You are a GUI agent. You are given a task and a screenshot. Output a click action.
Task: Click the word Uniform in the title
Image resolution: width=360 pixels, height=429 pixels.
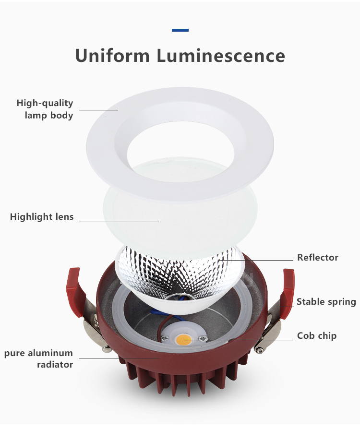pos(112,56)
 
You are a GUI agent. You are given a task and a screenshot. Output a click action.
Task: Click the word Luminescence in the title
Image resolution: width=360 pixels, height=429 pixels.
pos(221,56)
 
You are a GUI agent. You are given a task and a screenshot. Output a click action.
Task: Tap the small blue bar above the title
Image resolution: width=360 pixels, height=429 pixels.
pos(180,30)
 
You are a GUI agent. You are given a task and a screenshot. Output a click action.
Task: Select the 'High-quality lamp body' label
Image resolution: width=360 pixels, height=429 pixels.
pos(45,109)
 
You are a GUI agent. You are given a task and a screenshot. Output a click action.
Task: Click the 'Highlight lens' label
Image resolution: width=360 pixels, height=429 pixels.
pos(42,216)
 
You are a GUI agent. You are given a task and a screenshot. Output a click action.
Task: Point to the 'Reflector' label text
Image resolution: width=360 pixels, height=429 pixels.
pos(318,257)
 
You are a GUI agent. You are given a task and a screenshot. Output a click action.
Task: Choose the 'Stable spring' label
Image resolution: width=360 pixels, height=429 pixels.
pos(326,301)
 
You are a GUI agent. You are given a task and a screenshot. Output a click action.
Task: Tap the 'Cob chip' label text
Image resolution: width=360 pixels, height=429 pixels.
pos(317,335)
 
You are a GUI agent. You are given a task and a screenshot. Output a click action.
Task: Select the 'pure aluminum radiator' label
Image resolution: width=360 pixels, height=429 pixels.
pos(39,358)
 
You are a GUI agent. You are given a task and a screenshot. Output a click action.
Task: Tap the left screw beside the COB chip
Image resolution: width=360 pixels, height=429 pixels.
pos(165,338)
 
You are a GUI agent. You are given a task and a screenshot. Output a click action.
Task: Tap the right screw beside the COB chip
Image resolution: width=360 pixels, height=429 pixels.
pos(203,339)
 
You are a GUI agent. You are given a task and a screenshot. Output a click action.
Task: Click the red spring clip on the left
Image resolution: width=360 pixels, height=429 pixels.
pos(75,292)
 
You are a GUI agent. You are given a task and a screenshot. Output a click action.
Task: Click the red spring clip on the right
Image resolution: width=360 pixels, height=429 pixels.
pos(288,293)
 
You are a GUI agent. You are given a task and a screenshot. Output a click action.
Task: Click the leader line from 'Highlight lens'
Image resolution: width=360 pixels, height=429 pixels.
pos(119,222)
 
